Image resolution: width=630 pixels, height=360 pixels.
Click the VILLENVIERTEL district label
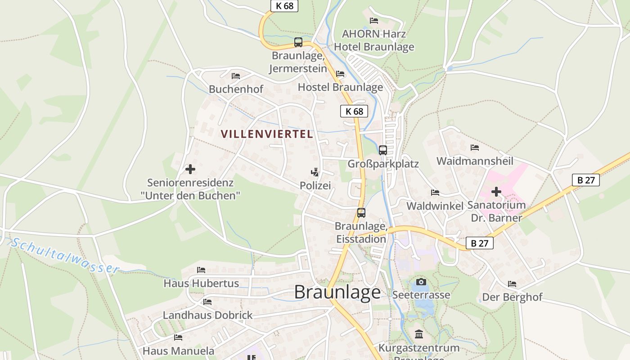(x=267, y=134)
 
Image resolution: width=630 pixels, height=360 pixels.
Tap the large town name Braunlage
(x=337, y=292)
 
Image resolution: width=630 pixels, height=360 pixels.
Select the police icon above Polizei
(x=315, y=171)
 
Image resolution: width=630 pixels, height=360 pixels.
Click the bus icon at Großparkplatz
(x=383, y=150)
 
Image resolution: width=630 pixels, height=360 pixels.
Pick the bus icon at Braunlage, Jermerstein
(x=298, y=42)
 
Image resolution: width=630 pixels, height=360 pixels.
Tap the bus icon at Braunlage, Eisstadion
(x=361, y=213)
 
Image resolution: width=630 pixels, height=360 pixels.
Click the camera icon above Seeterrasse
(x=421, y=282)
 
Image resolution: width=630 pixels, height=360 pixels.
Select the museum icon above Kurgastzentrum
(x=419, y=334)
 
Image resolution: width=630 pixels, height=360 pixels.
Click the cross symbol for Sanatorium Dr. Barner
(x=496, y=192)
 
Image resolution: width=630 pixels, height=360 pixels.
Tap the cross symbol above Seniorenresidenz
(x=190, y=169)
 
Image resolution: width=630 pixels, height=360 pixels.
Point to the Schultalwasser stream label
(x=66, y=256)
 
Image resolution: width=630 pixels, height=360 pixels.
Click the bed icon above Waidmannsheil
(x=474, y=147)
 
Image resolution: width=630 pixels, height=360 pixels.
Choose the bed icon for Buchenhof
(x=236, y=76)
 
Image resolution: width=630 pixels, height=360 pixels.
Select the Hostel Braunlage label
(x=340, y=87)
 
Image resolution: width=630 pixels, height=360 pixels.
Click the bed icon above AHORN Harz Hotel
(x=373, y=20)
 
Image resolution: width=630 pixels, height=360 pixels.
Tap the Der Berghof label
(x=512, y=297)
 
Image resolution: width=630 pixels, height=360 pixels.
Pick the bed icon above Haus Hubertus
(x=201, y=270)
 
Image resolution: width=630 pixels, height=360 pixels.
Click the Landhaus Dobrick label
(x=207, y=315)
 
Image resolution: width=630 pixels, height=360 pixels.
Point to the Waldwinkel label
(x=435, y=206)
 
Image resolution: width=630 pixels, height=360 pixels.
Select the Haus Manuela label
(x=178, y=351)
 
